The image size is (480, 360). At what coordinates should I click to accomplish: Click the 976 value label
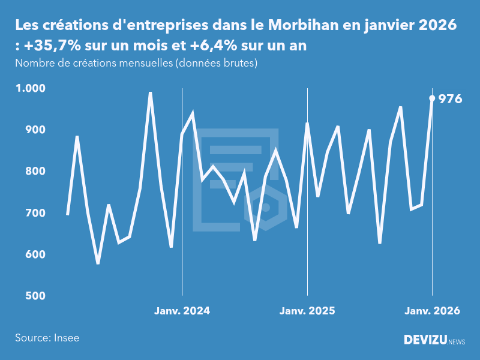pos(450,99)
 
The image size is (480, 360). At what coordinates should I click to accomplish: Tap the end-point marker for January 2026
pos(432,98)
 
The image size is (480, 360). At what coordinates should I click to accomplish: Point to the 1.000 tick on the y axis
pos(30,88)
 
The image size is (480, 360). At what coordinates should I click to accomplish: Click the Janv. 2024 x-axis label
pos(182,311)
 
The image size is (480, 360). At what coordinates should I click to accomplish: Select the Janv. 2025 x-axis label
pos(307,311)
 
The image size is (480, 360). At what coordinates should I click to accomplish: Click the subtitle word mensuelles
pos(143,63)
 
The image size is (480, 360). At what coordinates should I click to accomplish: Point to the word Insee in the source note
pos(66,338)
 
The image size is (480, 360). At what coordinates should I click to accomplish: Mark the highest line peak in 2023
pos(150,92)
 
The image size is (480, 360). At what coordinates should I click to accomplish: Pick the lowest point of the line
pos(98,263)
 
